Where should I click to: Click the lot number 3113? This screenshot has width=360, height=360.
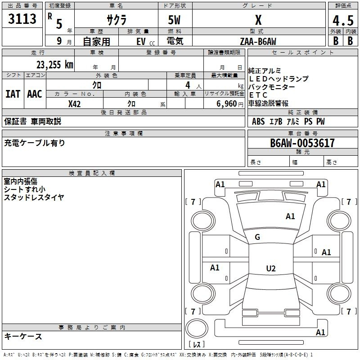pyautogui.click(x=22, y=18)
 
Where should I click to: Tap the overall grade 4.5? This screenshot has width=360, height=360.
pyautogui.click(x=343, y=20)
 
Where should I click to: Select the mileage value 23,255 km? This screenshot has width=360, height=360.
pyautogui.click(x=55, y=65)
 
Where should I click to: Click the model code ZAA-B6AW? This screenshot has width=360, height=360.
pyautogui.click(x=258, y=41)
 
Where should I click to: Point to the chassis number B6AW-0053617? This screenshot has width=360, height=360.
pyautogui.click(x=302, y=143)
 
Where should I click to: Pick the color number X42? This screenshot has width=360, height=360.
pyautogui.click(x=74, y=104)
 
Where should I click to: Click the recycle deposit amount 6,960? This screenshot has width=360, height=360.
pyautogui.click(x=226, y=104)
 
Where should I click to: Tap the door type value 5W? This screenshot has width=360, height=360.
pyautogui.click(x=174, y=20)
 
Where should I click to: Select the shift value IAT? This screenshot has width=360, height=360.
pyautogui.click(x=13, y=94)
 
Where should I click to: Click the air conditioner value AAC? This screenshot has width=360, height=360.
pyautogui.click(x=35, y=94)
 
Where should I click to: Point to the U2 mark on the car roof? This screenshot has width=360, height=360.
pyautogui.click(x=271, y=268)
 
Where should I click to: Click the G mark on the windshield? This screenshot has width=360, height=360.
pyautogui.click(x=257, y=237)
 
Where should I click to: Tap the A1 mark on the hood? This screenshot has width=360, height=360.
pyautogui.click(x=290, y=216)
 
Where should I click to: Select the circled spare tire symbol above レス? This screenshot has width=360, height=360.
pyautogui.click(x=197, y=328)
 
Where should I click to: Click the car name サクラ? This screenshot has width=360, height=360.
pyautogui.click(x=117, y=20)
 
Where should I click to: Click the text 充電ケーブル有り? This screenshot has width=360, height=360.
pyautogui.click(x=35, y=143)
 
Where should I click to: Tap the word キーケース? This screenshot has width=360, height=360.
pyautogui.click(x=23, y=337)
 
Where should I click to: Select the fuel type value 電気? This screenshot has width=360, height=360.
pyautogui.click(x=175, y=41)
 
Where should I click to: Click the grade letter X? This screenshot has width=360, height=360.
pyautogui.click(x=258, y=20)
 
